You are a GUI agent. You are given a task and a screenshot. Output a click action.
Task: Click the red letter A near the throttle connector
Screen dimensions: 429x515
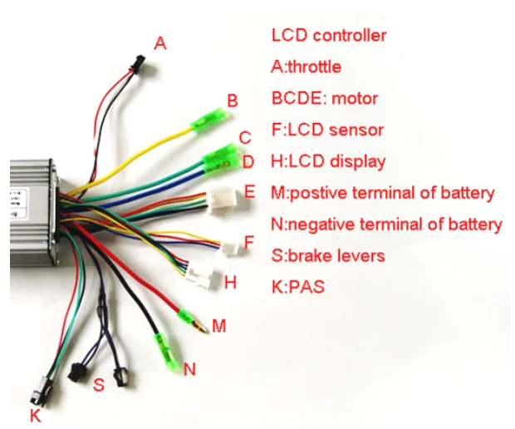click(x=160, y=42)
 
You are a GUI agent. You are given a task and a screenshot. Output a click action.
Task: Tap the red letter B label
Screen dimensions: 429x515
click(x=233, y=101)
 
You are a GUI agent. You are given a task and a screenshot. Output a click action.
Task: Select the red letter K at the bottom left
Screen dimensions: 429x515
click(x=34, y=413)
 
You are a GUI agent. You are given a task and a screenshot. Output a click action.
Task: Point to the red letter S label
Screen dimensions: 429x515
click(x=99, y=385)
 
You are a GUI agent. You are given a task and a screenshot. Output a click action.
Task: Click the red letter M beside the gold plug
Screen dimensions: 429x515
click(x=218, y=325)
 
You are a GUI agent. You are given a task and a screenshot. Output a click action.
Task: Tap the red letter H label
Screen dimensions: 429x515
click(x=230, y=282)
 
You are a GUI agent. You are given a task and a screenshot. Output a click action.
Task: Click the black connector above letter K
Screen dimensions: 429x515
click(x=38, y=389)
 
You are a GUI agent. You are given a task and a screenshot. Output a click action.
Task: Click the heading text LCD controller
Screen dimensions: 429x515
click(x=328, y=36)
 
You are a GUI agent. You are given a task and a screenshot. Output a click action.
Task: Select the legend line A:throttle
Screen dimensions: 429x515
click(x=306, y=67)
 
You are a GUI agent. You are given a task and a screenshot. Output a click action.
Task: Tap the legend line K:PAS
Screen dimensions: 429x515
click(x=297, y=287)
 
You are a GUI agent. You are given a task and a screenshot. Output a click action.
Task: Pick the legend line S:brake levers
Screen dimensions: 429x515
click(x=327, y=255)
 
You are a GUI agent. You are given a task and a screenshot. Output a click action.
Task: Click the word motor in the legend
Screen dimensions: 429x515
click(x=355, y=98)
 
